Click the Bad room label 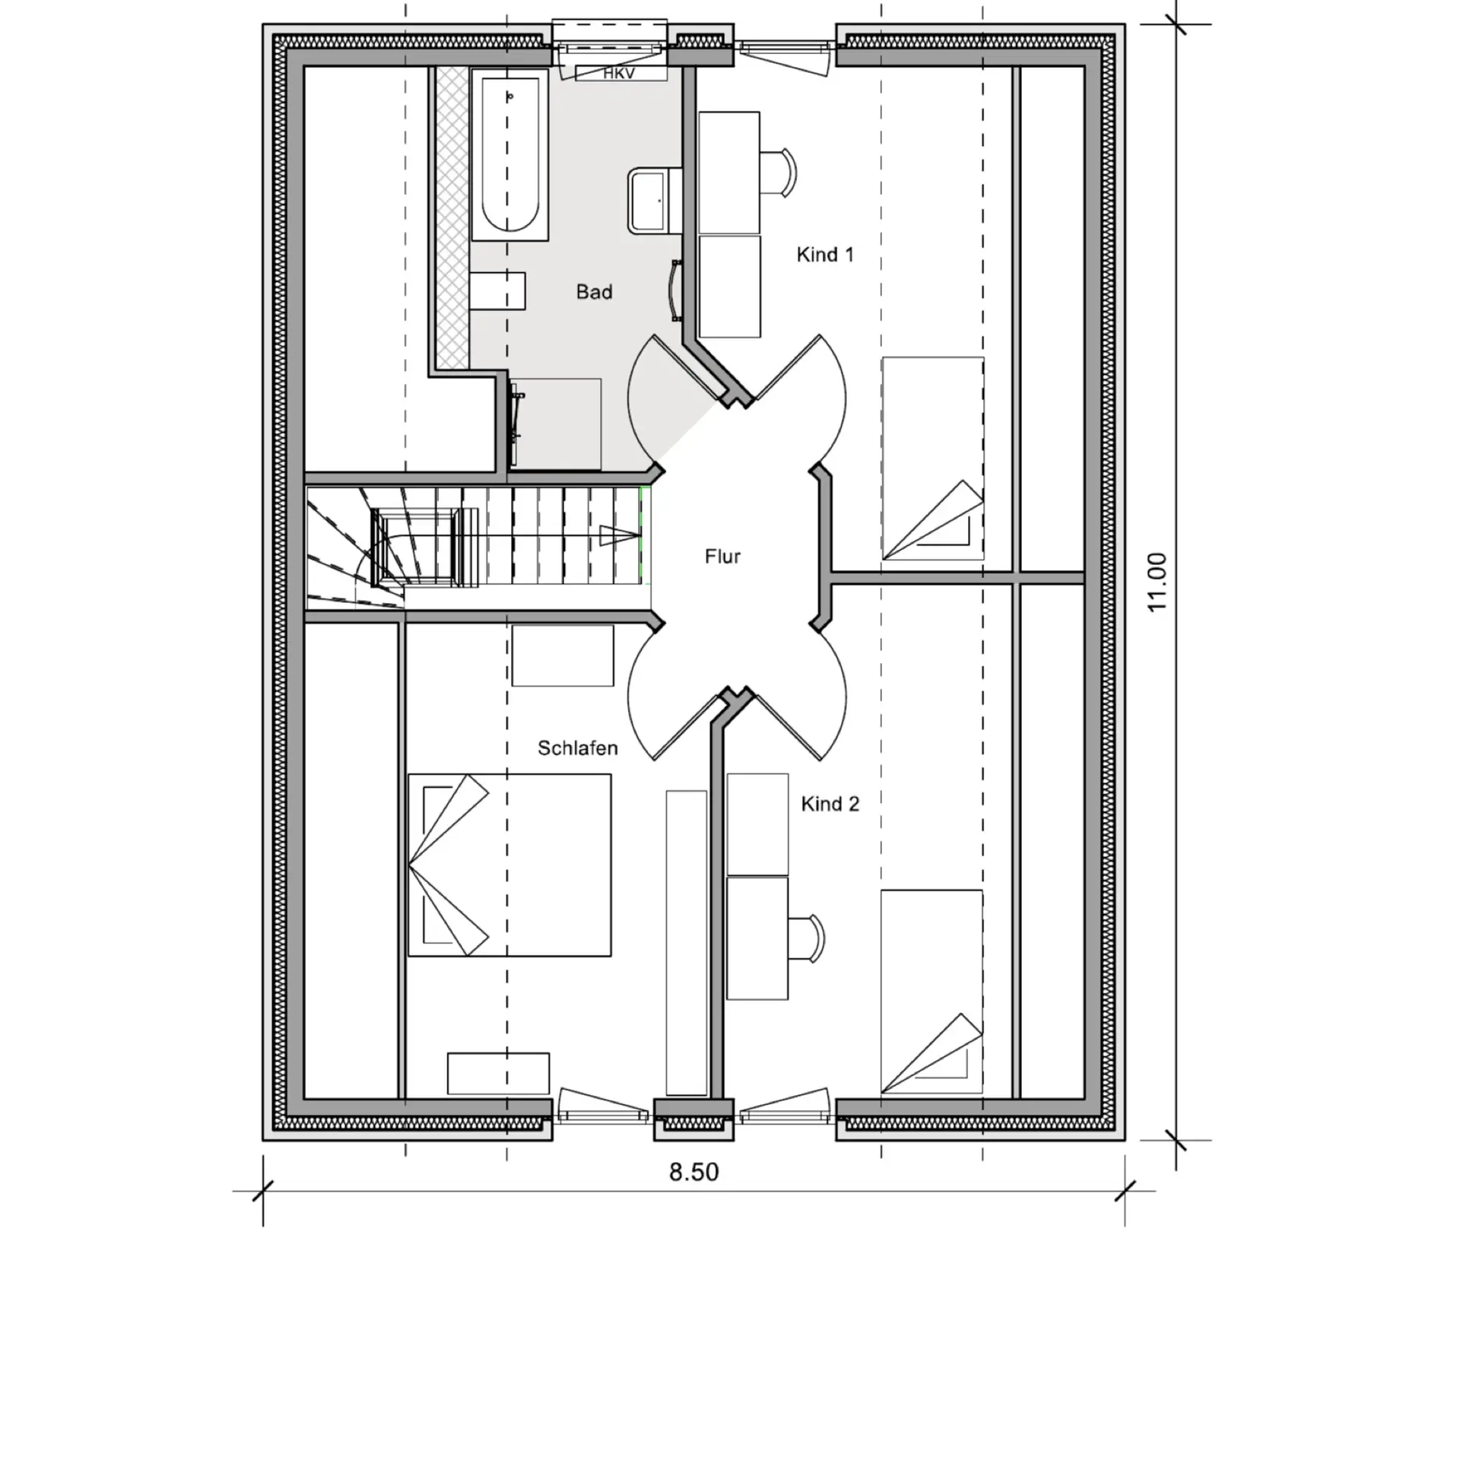[594, 292]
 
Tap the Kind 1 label [825, 255]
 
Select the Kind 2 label [830, 804]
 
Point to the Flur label [722, 557]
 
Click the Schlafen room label [577, 748]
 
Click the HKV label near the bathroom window [619, 74]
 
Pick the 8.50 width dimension [693, 1172]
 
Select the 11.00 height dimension [1157, 582]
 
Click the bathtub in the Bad [509, 155]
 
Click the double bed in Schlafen [509, 865]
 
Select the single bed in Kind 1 [932, 459]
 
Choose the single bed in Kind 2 [932, 992]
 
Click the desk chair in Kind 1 [778, 173]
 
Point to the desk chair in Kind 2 [806, 939]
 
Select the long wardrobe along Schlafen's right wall [687, 943]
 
